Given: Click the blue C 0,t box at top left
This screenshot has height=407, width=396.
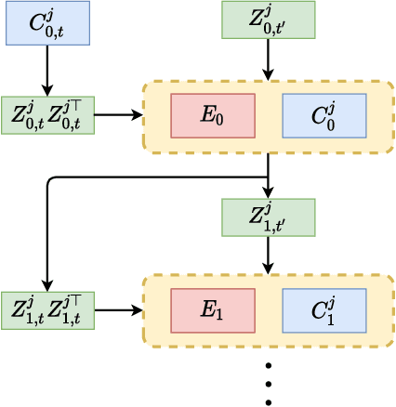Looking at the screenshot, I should click(x=47, y=23).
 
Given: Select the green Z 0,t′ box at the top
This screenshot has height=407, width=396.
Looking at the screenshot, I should click(x=268, y=20).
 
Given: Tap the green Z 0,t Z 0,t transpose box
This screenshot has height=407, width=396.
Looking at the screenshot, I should click(x=47, y=115).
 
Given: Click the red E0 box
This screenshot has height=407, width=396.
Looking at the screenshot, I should click(x=213, y=115).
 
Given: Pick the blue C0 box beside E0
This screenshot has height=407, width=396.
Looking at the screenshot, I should click(x=323, y=115).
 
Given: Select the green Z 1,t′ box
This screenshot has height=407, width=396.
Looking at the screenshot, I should click(x=268, y=217).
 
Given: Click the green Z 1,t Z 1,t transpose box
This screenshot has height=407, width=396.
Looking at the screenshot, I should click(x=47, y=309).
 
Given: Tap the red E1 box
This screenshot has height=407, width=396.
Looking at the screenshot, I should click(x=213, y=309).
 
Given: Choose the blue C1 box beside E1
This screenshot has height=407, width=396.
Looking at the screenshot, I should click(x=323, y=309).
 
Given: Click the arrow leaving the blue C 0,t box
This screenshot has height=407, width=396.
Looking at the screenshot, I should click(x=47, y=70).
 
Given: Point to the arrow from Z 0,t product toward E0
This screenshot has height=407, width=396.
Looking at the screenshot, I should click(x=118, y=115).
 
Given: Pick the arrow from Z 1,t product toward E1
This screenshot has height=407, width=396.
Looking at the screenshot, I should click(x=118, y=309).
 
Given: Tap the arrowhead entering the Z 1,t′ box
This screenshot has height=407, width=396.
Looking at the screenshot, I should click(x=268, y=193).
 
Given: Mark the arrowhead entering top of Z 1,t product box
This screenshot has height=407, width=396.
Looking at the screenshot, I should click(x=47, y=286).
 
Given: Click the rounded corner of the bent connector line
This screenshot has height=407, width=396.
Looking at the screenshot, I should click(x=50, y=179).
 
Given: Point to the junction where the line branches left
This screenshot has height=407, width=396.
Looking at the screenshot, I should click(x=268, y=177).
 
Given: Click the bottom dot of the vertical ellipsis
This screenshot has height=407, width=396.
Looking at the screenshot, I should click(x=268, y=401).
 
